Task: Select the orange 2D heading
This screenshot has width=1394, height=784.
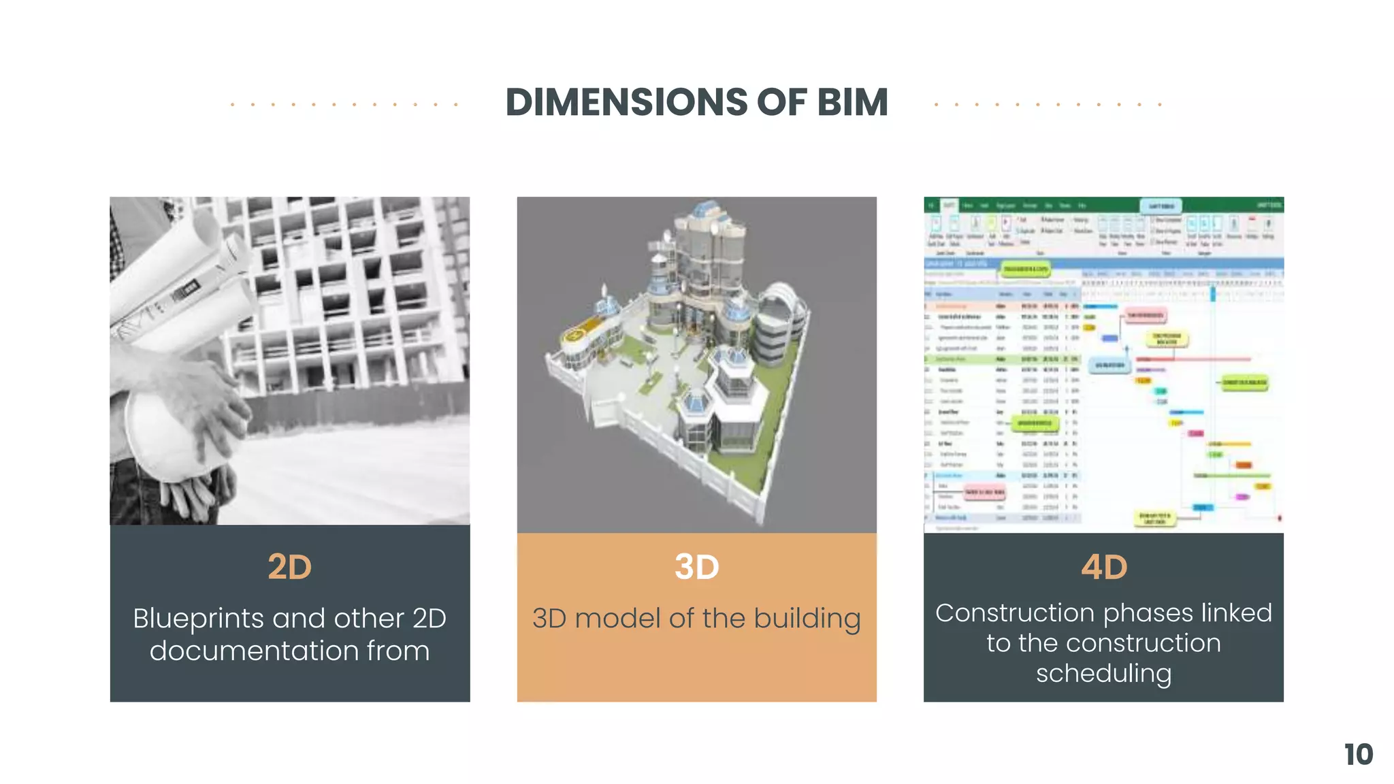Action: tap(289, 567)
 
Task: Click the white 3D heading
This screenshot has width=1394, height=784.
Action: tap(696, 567)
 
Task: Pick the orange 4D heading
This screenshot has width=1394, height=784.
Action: tap(1103, 567)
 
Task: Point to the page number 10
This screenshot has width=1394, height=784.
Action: tap(1358, 755)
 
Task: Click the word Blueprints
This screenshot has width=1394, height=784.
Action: tap(198, 619)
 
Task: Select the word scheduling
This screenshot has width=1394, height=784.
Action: tap(1103, 674)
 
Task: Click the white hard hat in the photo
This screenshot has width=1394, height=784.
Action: tap(170, 436)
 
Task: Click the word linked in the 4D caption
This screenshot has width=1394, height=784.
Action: tap(1236, 613)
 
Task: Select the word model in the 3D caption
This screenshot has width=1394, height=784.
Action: tap(618, 619)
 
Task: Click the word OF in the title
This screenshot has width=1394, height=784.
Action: tap(783, 103)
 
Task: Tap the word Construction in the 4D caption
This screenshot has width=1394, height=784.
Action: tap(991, 613)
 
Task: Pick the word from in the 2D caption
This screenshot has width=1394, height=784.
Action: tap(398, 651)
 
